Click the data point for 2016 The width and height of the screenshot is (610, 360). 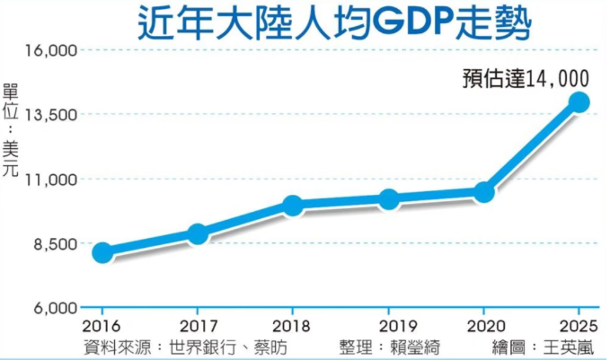(x=102, y=253)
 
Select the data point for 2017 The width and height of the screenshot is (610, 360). (x=198, y=234)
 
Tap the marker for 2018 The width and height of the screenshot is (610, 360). (x=293, y=206)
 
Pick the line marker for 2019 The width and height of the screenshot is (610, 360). (x=389, y=199)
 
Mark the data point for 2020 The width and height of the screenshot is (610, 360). (x=483, y=192)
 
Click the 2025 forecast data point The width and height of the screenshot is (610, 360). (x=579, y=102)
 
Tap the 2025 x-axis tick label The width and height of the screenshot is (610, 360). (x=576, y=325)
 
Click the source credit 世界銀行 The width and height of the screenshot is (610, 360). (x=207, y=346)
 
